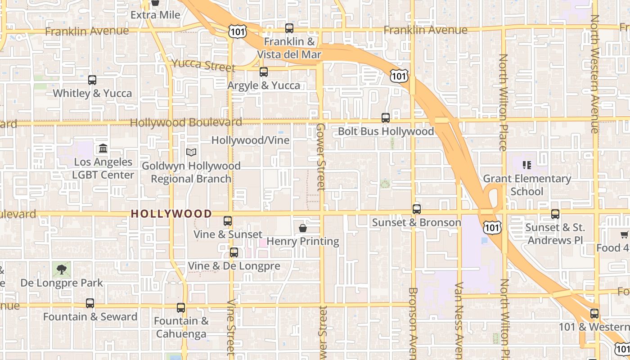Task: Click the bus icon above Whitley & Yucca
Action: pos(92,80)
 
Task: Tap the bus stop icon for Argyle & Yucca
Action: pos(264,72)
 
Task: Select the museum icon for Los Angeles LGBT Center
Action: pos(103,148)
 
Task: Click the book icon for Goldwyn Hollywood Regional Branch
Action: pos(191,153)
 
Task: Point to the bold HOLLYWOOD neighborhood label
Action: pos(171,214)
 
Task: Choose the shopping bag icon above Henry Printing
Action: pos(303,228)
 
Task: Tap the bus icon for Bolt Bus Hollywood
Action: pos(386,118)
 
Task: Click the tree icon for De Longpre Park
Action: pos(61,270)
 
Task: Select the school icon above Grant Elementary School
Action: pos(527,165)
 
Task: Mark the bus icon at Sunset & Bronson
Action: pos(417,209)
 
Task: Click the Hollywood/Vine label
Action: pos(250,140)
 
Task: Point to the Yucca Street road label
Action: pos(203,65)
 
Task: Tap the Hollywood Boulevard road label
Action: pos(186,122)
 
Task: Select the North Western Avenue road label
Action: pos(595,74)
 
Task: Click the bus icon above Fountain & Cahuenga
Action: pos(181,308)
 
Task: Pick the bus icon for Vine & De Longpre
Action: pos(234,252)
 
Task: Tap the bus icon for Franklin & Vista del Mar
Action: pos(289,28)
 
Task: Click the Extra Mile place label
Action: pos(155,15)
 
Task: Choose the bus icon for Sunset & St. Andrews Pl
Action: pos(555,214)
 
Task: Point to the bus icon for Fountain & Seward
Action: pos(90,303)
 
